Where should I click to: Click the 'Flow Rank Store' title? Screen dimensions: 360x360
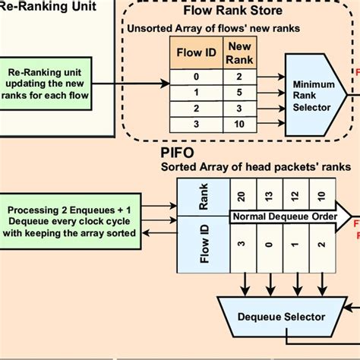tap(232, 11)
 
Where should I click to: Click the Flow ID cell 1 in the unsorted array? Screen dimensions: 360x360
tap(196, 92)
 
